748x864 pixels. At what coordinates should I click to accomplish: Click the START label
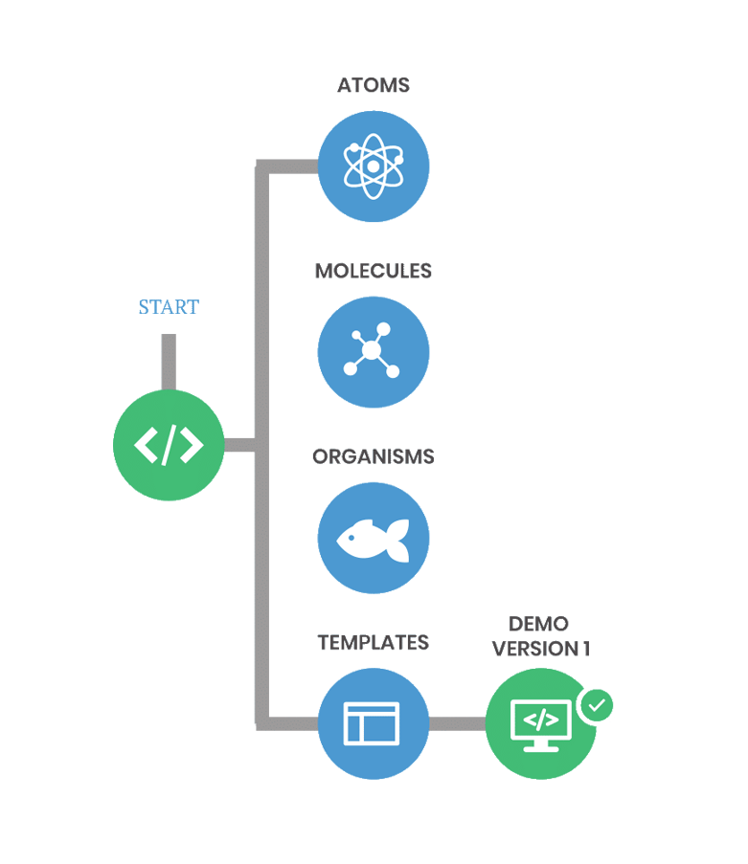[x=169, y=307]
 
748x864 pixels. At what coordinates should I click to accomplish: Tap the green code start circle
[x=169, y=445]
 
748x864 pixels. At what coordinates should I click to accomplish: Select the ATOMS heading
[x=373, y=85]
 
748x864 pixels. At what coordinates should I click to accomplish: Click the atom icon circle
[x=373, y=166]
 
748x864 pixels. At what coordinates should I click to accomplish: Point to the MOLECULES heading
[x=373, y=271]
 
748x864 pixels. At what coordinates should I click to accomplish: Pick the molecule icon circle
[x=373, y=351]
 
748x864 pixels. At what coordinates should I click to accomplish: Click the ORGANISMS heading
[x=373, y=456]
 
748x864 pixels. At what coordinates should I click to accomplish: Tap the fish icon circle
[x=373, y=538]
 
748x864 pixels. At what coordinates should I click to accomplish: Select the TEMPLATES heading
[x=373, y=642]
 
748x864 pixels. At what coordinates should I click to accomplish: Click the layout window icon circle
[x=373, y=723]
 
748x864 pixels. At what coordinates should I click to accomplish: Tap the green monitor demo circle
[x=540, y=723]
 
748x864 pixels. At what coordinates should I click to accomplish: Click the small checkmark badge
[x=597, y=705]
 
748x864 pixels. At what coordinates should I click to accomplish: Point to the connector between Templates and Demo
[x=457, y=723]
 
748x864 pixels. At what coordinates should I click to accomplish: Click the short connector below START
[x=169, y=362]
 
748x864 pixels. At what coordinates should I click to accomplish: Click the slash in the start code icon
[x=169, y=445]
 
